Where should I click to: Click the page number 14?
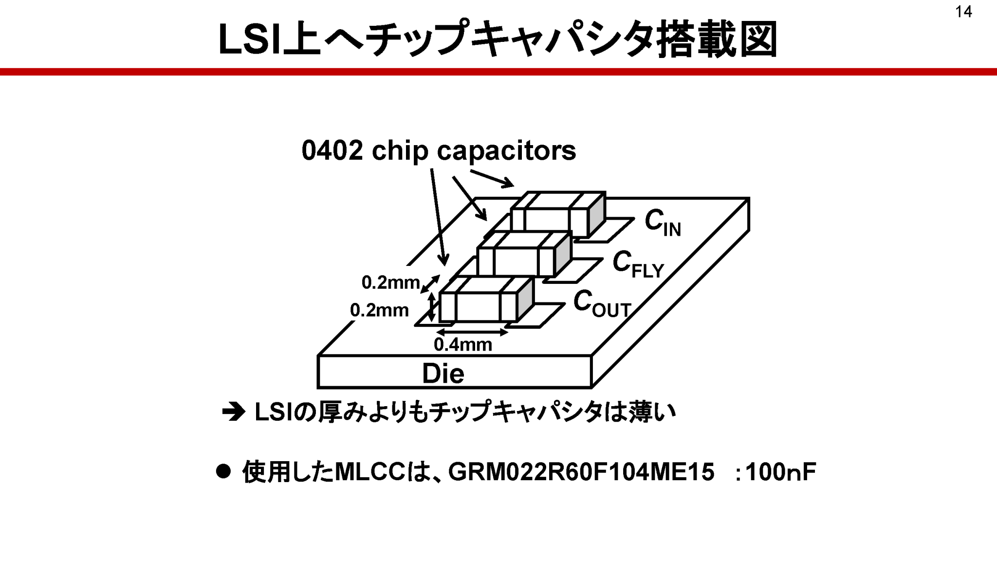point(963,12)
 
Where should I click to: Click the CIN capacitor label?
point(662,223)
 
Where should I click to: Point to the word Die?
point(443,374)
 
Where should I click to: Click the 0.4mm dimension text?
point(462,345)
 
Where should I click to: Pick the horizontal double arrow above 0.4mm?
point(472,332)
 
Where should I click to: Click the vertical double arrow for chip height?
point(431,307)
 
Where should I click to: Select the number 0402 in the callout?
point(332,150)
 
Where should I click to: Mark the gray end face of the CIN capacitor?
point(597,214)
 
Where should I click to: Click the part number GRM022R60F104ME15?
point(581,472)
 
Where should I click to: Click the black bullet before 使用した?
point(223,471)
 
